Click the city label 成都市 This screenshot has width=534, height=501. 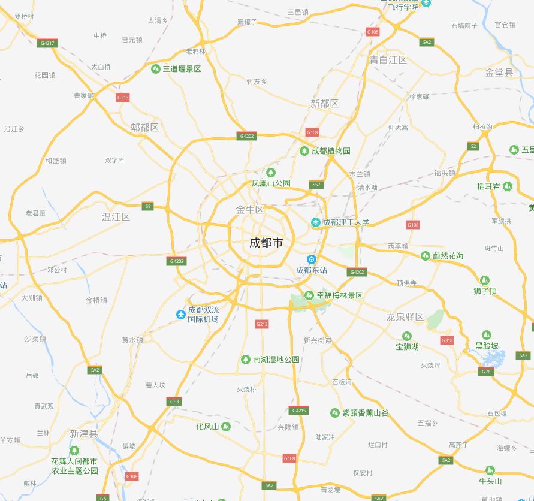click(x=266, y=243)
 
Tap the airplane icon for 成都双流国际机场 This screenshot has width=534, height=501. click(x=180, y=315)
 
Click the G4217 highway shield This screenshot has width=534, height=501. click(x=47, y=43)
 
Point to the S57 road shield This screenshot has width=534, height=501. click(x=316, y=185)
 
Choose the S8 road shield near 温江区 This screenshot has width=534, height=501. click(x=147, y=207)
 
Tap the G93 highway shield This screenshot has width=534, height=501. click(x=174, y=402)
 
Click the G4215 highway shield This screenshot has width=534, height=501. click(x=298, y=411)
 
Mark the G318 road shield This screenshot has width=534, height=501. click(x=447, y=340)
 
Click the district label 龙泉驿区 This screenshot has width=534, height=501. click(x=405, y=317)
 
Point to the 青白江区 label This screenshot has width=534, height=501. click(x=388, y=60)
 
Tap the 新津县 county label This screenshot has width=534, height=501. click(x=83, y=434)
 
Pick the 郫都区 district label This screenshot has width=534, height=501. click(x=144, y=128)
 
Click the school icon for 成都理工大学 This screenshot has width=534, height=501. click(x=315, y=222)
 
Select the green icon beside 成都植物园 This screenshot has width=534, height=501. click(x=304, y=150)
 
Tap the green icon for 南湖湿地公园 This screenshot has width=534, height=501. click(x=245, y=360)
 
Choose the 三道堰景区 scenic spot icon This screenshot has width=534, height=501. click(x=155, y=69)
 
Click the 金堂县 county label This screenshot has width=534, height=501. click(x=499, y=73)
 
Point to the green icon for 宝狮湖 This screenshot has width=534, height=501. click(x=407, y=336)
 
